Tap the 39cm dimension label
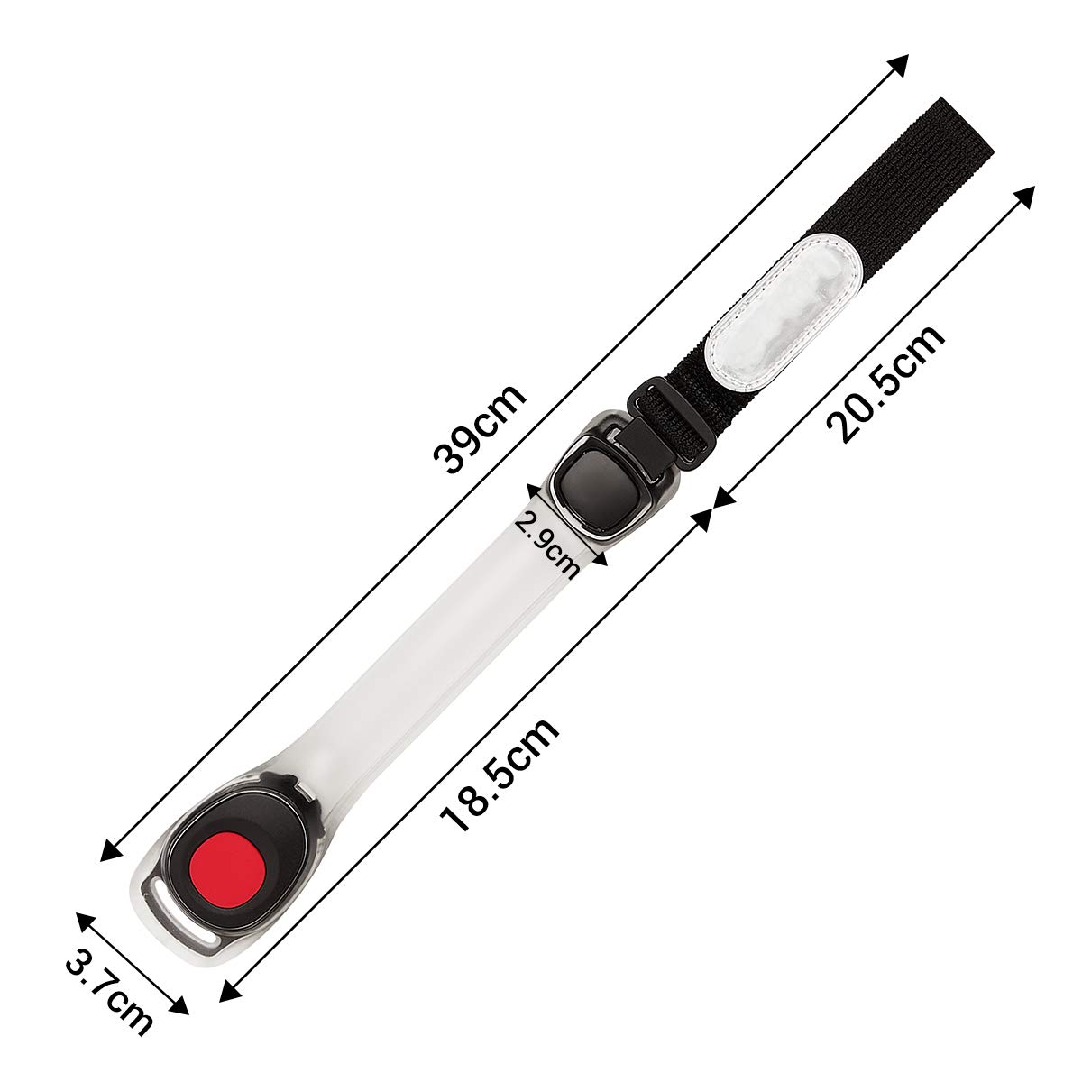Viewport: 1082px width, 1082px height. pos(480,429)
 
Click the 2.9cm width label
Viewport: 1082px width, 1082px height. pos(547,544)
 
